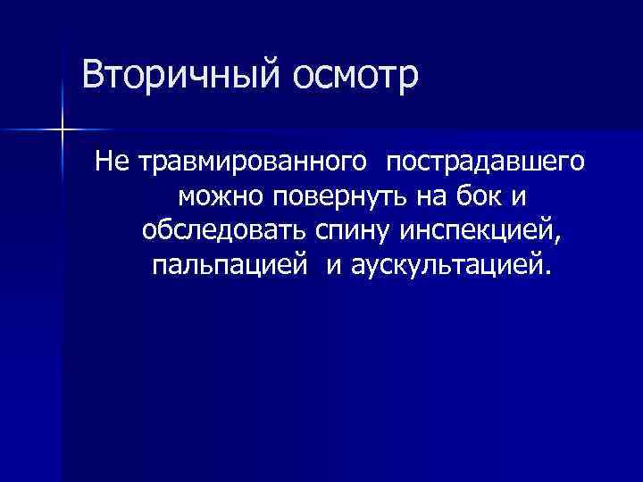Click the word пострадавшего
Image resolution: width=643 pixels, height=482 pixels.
(x=486, y=162)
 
